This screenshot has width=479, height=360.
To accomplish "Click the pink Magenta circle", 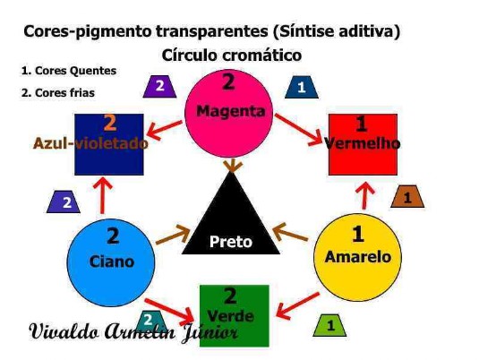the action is (x=229, y=113).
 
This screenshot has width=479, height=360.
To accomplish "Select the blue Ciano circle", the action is (x=111, y=262).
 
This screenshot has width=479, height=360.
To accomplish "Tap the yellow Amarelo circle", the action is (x=358, y=257).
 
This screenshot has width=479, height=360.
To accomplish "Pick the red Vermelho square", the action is (x=363, y=144).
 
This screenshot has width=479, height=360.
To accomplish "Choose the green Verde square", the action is (x=235, y=316).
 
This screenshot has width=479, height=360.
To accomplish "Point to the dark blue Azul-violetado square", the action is (x=109, y=144).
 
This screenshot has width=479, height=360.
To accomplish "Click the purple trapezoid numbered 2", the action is (x=159, y=87).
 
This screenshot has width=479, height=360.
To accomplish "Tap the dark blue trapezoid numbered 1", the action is (x=302, y=88).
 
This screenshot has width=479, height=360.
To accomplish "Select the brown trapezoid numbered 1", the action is (x=407, y=196).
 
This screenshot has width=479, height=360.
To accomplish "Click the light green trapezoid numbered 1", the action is (x=329, y=325).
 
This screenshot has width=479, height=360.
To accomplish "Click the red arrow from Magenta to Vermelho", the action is (x=298, y=129).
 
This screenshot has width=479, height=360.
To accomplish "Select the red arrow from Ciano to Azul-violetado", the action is (x=102, y=195).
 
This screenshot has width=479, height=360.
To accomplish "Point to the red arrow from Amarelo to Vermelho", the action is (x=364, y=195).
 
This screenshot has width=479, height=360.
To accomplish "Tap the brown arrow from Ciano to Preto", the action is (x=173, y=236).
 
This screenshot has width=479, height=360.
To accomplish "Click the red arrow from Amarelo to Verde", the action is (x=297, y=306).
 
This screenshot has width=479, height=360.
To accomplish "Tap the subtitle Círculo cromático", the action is (x=232, y=56).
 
